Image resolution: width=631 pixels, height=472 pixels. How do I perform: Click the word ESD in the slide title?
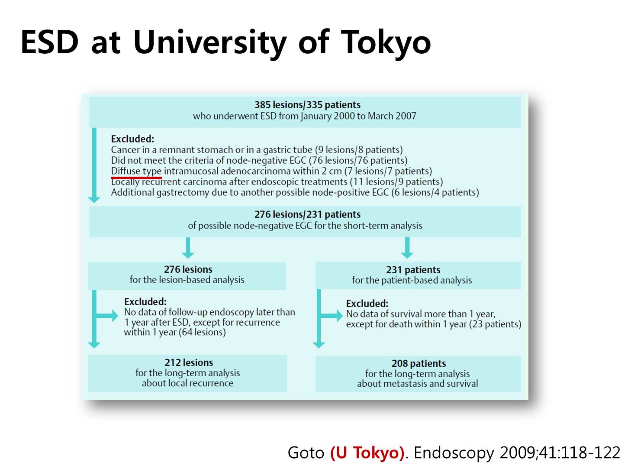49,42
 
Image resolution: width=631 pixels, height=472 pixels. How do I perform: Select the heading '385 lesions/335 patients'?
307,105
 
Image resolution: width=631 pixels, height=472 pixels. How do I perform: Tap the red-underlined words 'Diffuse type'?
136,171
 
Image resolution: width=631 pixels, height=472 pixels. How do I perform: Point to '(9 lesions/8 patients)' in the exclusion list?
358,150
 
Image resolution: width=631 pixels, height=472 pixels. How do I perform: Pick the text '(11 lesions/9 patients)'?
396,182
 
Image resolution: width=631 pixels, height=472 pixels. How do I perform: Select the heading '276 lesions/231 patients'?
307,214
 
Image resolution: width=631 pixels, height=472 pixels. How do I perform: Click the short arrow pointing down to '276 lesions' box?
188,248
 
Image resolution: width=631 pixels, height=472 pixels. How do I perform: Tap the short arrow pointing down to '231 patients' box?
407,248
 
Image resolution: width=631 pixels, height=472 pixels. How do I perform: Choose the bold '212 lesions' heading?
189,362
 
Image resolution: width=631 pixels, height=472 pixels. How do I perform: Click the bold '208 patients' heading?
419,363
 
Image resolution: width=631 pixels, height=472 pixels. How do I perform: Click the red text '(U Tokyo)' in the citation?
367,453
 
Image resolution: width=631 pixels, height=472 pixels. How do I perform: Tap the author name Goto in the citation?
306,453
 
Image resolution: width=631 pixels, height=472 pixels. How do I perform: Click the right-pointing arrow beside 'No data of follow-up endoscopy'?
107,316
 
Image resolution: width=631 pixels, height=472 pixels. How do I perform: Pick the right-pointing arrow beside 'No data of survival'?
332,316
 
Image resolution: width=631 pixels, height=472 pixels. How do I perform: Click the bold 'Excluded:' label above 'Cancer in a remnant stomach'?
132,139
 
